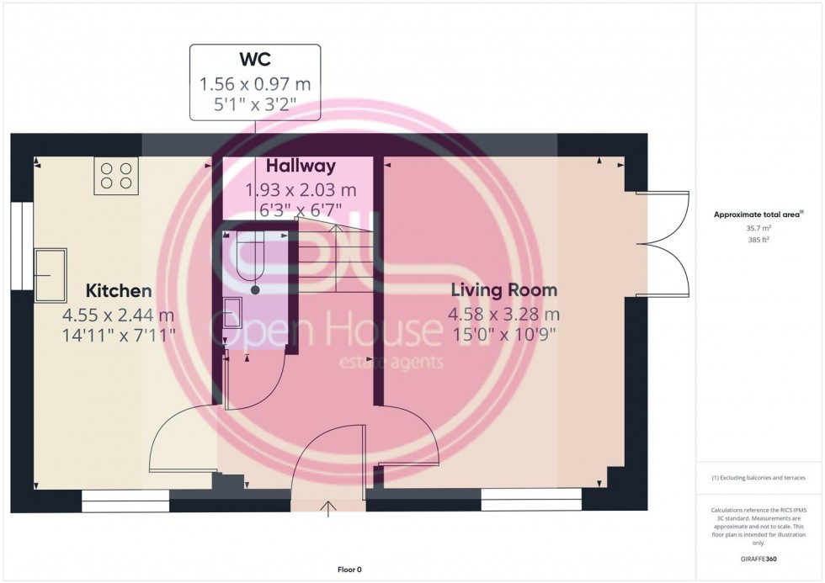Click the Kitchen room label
pos(119,291)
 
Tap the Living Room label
pos(503,291)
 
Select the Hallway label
pos(301,167)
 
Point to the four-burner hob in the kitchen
pos(116,176)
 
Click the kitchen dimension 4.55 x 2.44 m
pos(119,315)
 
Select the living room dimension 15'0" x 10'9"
pos(503,335)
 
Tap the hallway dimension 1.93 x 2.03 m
pos(301,189)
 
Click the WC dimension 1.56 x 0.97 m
pos(254,84)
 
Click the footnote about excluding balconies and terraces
pos(758,478)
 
